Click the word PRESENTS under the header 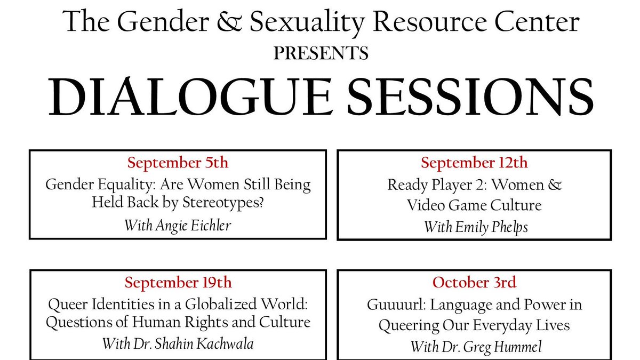coord(321,53)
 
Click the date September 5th coord(178,163)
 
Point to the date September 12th coord(474,163)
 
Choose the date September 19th coord(178,282)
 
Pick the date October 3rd coord(474,282)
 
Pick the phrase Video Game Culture coord(474,205)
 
